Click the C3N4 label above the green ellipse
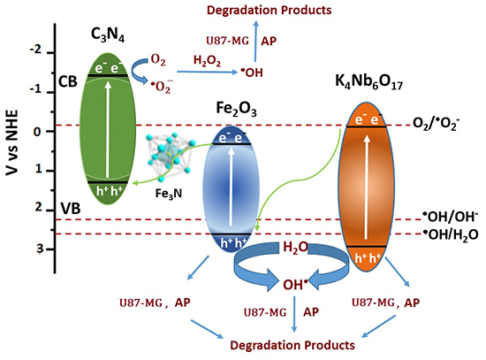point(111,37)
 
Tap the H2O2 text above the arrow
point(207,60)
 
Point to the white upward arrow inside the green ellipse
point(112,129)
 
